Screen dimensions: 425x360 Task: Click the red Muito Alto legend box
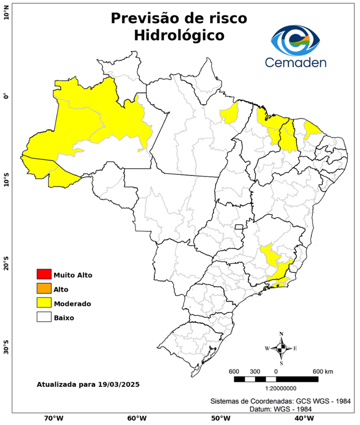[44, 274]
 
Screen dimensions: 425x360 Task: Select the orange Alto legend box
[44, 288]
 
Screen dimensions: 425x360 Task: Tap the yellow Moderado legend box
[44, 303]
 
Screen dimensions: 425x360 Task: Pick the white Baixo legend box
[44, 317]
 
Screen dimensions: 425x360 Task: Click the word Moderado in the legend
[72, 303]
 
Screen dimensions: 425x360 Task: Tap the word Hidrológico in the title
[179, 35]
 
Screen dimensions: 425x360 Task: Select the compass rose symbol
[281, 348]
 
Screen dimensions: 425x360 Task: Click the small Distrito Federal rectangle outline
[239, 227]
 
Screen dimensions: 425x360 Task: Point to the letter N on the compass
[281, 334]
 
